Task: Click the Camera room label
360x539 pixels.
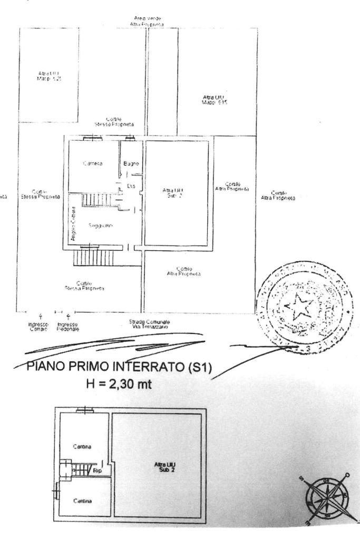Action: tap(93, 164)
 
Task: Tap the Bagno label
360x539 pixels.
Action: tap(131, 164)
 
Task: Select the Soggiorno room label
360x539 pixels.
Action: tap(98, 226)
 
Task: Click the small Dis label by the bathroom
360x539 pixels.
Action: tap(131, 186)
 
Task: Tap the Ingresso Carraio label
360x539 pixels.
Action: tap(38, 326)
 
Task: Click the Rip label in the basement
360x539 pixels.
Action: tap(97, 470)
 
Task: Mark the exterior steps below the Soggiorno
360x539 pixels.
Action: tap(93, 258)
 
